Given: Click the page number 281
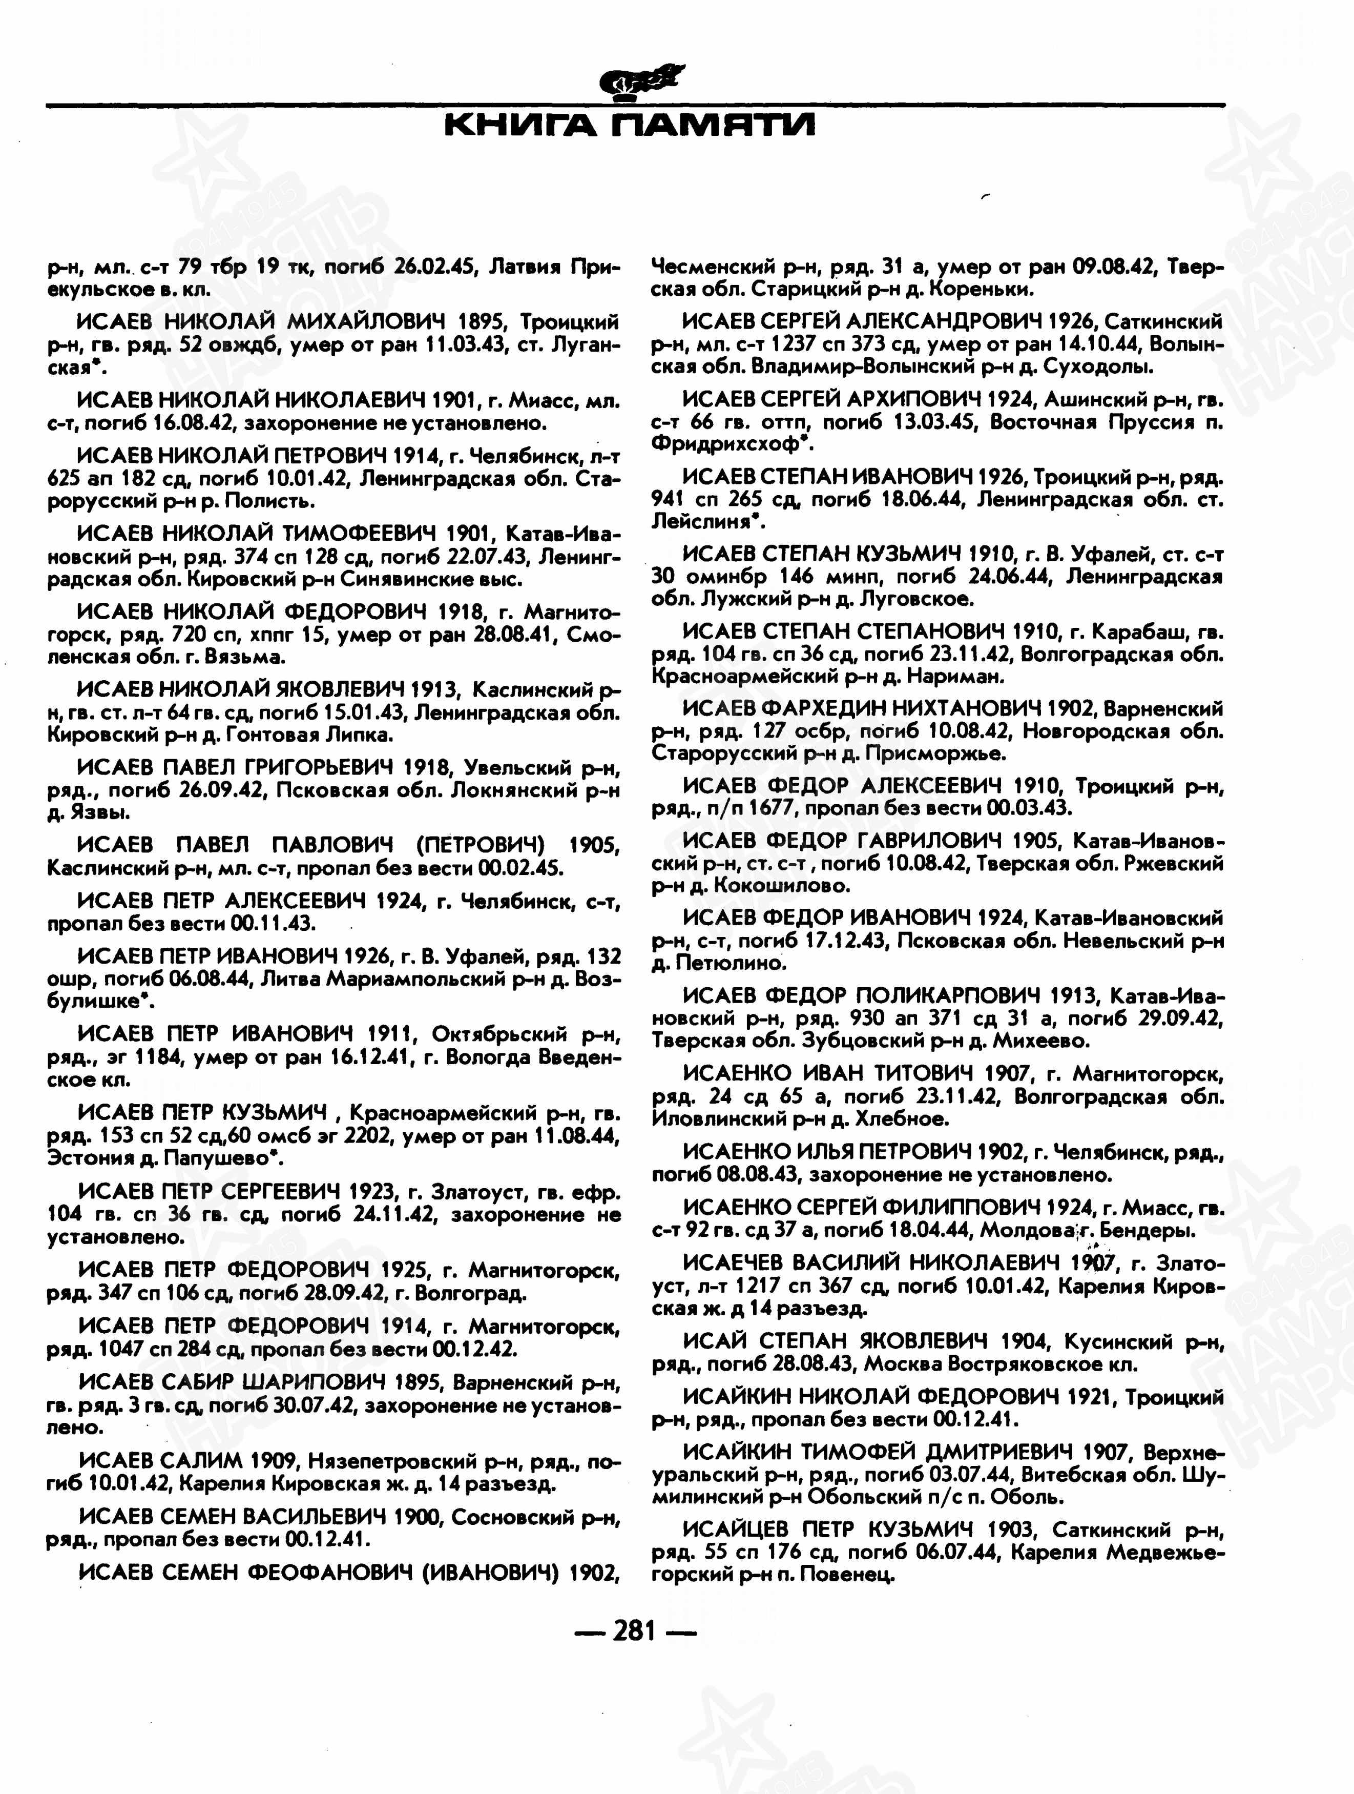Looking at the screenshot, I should click(634, 1629).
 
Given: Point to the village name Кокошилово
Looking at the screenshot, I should click(782, 886).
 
